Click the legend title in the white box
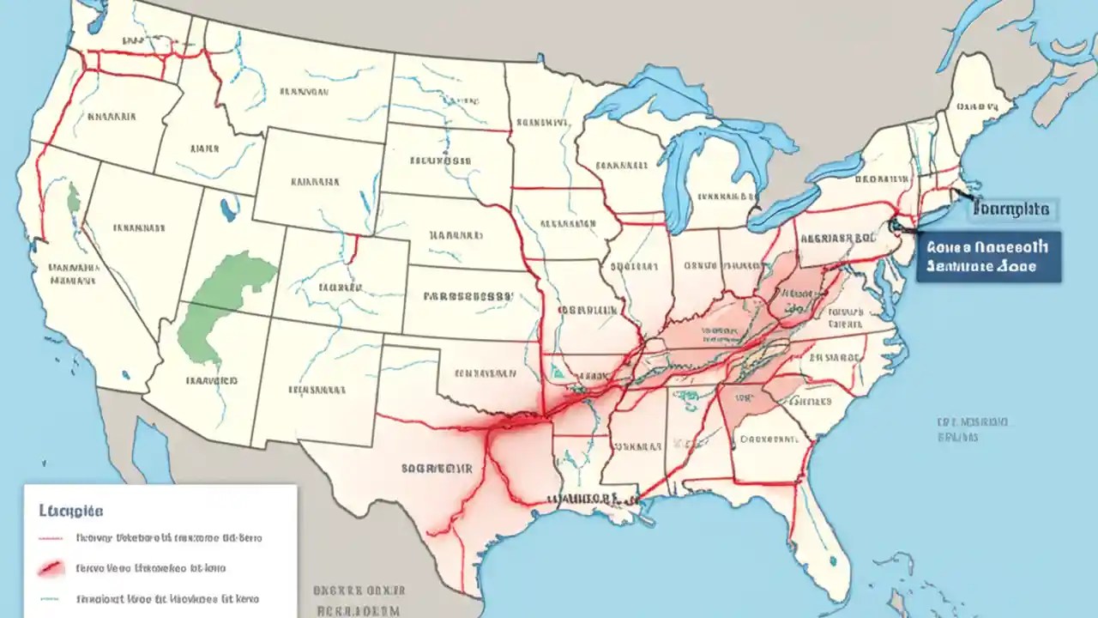click(71, 511)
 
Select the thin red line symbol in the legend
click(51, 539)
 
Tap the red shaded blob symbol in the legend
click(51, 568)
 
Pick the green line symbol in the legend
click(51, 599)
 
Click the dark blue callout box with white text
click(988, 256)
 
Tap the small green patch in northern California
click(75, 199)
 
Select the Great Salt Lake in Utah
click(228, 209)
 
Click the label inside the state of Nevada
click(137, 229)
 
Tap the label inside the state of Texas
click(437, 469)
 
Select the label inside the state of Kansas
click(468, 297)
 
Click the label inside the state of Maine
click(979, 108)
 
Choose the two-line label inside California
click(74, 272)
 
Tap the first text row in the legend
click(168, 539)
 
